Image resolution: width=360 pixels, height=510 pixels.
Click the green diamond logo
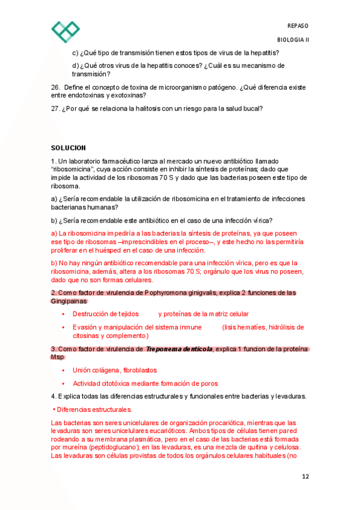pyautogui.click(x=66, y=31)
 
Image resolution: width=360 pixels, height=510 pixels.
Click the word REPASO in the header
pyautogui.click(x=298, y=25)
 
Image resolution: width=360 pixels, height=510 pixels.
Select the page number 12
pyautogui.click(x=305, y=476)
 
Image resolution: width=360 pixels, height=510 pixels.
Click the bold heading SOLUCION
pyautogui.click(x=69, y=148)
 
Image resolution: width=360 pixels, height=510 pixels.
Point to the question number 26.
pyautogui.click(x=55, y=87)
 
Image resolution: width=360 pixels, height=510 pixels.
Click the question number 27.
pyautogui.click(x=55, y=109)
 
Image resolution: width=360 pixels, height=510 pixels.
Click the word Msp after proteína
pyautogui.click(x=56, y=357)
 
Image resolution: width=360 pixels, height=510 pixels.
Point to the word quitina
pyautogui.click(x=252, y=447)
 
